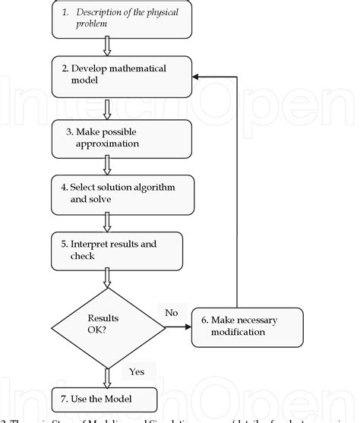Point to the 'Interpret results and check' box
click(x=117, y=251)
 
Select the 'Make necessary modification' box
click(x=247, y=325)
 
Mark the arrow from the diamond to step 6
click(x=178, y=327)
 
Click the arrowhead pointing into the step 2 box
click(x=196, y=77)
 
